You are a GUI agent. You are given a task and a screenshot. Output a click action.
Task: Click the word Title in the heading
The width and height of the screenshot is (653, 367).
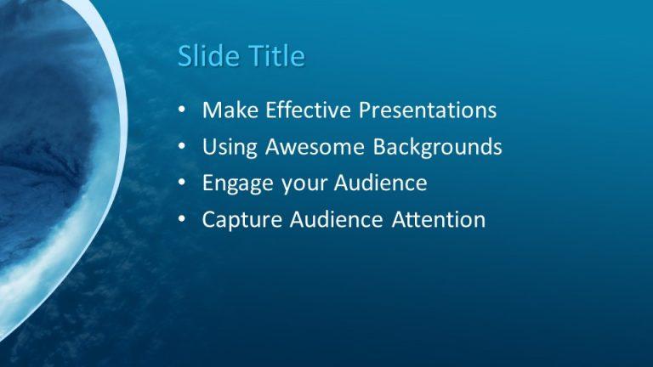[x=276, y=56]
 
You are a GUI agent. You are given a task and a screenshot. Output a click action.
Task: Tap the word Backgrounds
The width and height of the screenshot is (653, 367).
[x=438, y=148]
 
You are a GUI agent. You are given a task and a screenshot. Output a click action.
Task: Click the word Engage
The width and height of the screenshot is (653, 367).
[x=235, y=184]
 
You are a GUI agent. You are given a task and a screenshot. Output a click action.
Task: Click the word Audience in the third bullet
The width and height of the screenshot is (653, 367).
[x=379, y=183]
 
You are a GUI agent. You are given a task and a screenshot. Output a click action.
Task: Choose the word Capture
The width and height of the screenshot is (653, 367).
[x=241, y=221]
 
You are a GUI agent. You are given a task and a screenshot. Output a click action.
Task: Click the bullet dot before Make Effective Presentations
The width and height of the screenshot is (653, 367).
[x=183, y=111]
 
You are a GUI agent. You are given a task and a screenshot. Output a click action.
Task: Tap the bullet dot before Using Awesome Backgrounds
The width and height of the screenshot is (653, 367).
[x=183, y=148]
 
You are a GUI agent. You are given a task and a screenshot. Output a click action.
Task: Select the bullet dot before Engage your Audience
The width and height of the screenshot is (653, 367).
[x=183, y=184]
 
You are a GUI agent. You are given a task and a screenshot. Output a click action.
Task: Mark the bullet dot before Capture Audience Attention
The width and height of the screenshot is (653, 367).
[x=183, y=221]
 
